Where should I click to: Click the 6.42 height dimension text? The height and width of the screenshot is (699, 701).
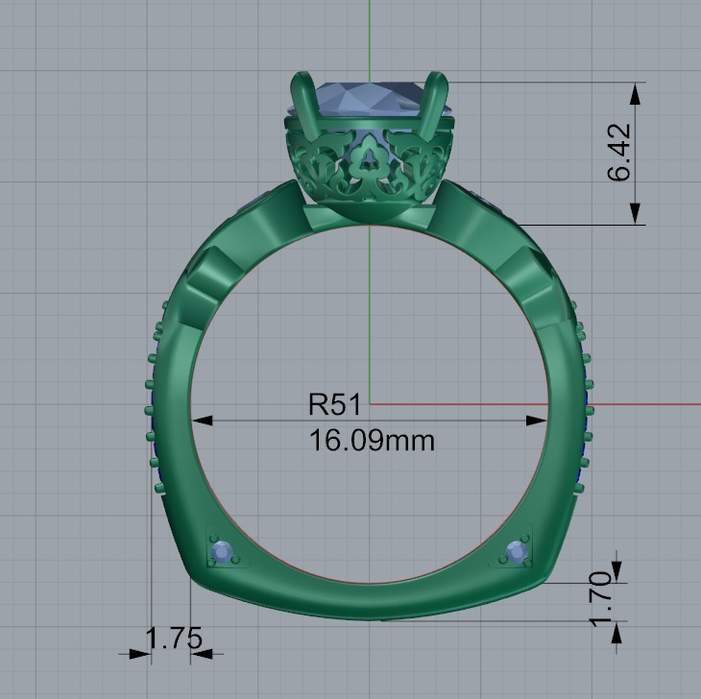[619, 152]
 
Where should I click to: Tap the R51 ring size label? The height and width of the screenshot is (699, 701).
[334, 404]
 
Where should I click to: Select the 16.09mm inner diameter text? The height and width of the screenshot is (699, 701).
[372, 441]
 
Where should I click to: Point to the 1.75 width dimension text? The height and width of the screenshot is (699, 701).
[174, 639]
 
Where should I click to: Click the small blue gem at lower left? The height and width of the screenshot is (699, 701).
[223, 552]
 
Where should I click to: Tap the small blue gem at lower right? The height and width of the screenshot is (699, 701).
[516, 552]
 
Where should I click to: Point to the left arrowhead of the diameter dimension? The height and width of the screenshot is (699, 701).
[201, 420]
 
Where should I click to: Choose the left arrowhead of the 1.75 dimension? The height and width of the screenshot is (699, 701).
[142, 655]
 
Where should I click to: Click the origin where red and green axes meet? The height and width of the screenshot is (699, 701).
[370, 404]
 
